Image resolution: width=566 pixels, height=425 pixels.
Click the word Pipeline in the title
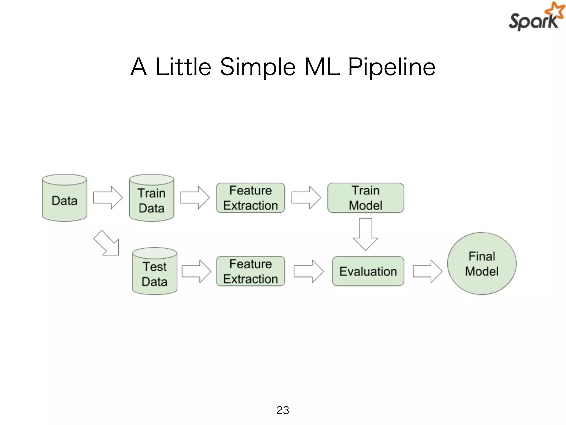tap(391, 67)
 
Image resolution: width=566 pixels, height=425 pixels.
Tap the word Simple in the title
tap(258, 67)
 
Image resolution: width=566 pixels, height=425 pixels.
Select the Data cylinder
tap(64, 198)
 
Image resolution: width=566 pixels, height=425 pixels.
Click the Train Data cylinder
tap(151, 198)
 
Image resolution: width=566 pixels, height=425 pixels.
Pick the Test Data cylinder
tap(154, 272)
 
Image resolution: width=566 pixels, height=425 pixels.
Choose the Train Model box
tap(365, 198)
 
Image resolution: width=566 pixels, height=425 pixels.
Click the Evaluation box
tap(368, 271)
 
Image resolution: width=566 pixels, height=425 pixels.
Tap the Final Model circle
tap(482, 264)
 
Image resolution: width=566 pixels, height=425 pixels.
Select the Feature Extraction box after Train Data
tap(250, 198)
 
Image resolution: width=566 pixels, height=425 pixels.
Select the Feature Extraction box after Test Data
tap(250, 271)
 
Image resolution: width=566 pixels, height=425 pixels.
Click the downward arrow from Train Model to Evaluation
tap(365, 234)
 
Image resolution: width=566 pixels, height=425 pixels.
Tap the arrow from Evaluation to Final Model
tap(427, 271)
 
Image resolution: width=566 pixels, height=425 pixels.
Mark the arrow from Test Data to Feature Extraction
tap(196, 271)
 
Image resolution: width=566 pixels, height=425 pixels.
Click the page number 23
tap(283, 410)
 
